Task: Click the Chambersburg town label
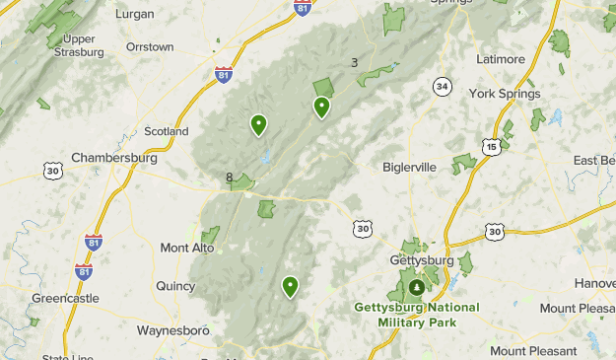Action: (114, 158)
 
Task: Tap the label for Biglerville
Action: (409, 167)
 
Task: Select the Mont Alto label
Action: (187, 248)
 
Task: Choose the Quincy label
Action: (175, 286)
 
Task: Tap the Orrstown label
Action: (150, 46)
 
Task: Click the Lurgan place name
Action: (135, 14)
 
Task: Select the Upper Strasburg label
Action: (80, 45)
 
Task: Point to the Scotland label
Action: (166, 131)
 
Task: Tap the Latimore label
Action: (501, 59)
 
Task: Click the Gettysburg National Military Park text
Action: (417, 316)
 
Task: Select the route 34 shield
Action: (443, 88)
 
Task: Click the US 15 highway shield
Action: (491, 146)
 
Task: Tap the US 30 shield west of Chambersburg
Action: (53, 172)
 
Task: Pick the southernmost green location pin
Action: (290, 287)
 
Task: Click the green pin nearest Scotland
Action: (258, 124)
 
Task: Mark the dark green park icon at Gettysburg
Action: (417, 288)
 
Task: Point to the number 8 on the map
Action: (230, 179)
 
